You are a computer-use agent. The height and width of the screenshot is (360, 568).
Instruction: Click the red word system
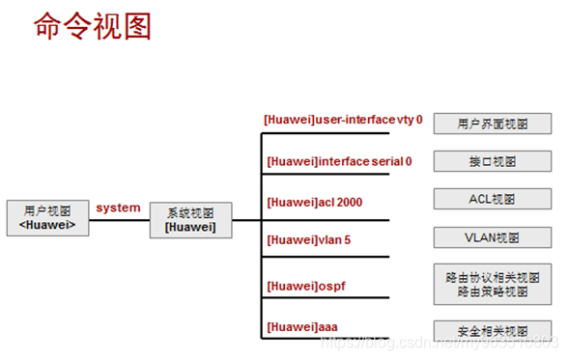coord(118,208)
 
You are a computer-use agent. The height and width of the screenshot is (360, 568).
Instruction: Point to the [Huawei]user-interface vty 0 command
coord(344,120)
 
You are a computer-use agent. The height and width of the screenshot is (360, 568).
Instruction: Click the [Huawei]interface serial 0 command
coord(338,161)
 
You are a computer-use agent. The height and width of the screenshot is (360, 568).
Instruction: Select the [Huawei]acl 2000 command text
coord(314,202)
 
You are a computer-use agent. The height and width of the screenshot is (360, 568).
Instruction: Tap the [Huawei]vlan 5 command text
coord(306,241)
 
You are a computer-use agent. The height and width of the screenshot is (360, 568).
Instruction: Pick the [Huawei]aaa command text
coord(301,326)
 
